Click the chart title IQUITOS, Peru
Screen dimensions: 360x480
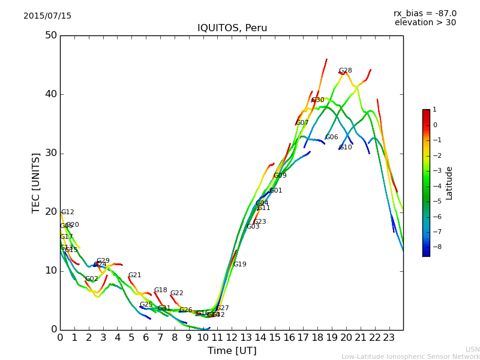[232, 28]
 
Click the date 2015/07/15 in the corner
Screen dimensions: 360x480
[47, 16]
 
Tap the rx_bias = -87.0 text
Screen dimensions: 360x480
[425, 13]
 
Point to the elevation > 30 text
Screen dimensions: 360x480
[425, 23]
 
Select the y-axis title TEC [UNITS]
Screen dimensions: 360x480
[36, 182]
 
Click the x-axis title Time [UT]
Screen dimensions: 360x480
[232, 351]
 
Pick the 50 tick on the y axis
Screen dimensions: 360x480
[51, 35]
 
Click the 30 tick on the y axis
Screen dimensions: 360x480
[51, 153]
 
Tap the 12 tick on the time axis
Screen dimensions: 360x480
[232, 338]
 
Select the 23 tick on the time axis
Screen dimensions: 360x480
[389, 338]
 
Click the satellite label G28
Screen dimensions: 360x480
[345, 71]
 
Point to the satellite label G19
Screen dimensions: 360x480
[239, 265]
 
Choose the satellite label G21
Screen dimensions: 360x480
[134, 275]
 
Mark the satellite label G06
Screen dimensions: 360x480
[332, 137]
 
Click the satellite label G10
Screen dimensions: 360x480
[346, 148]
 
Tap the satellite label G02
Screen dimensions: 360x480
[91, 279]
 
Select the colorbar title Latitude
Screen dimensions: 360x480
[449, 183]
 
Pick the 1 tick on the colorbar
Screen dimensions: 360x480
[434, 110]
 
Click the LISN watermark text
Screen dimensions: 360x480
[472, 349]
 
